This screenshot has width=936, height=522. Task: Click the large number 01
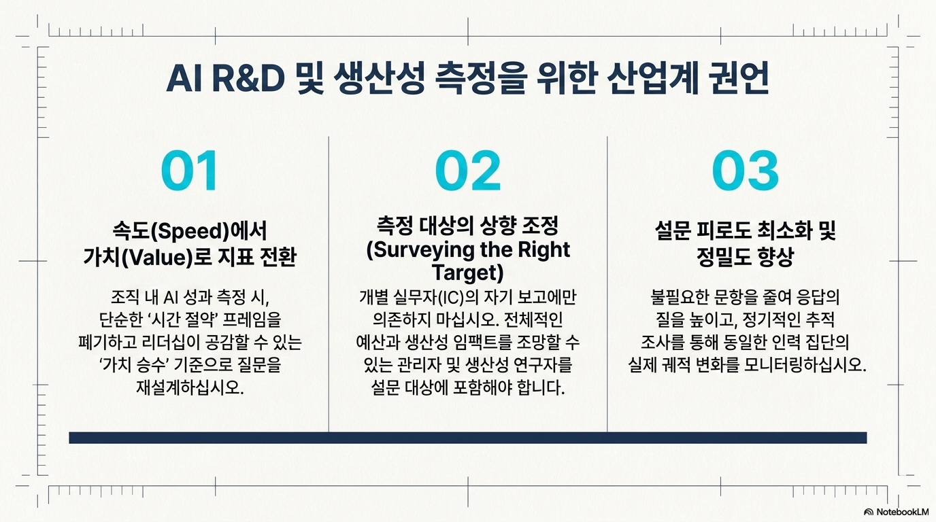(x=189, y=171)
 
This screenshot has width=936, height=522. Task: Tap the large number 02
(x=468, y=171)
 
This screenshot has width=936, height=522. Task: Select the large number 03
(x=746, y=171)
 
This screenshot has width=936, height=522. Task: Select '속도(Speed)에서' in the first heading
(x=190, y=231)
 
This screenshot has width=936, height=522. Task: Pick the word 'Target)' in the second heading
(x=468, y=273)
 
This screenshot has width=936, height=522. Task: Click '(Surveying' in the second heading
(x=421, y=249)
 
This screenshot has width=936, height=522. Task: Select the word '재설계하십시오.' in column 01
(x=190, y=387)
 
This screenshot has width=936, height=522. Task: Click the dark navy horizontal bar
(x=468, y=438)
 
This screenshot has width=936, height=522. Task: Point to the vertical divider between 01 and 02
(x=329, y=284)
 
